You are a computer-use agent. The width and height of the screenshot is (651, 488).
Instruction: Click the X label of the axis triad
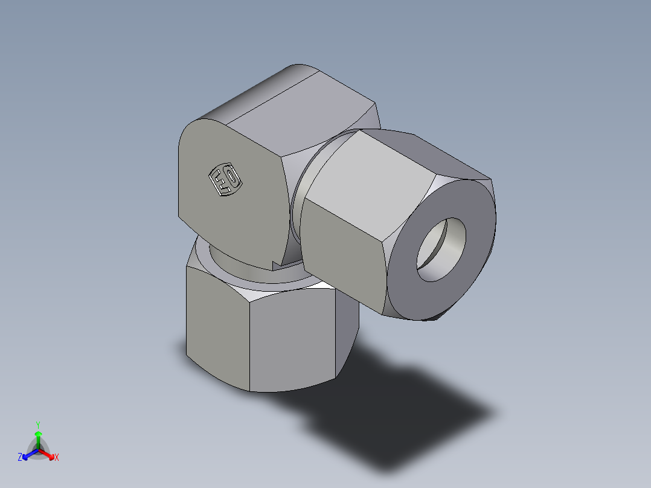[57, 458]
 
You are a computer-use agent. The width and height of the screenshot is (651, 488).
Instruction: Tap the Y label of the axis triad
[37, 424]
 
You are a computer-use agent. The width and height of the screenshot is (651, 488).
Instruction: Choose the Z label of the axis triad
[20, 458]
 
